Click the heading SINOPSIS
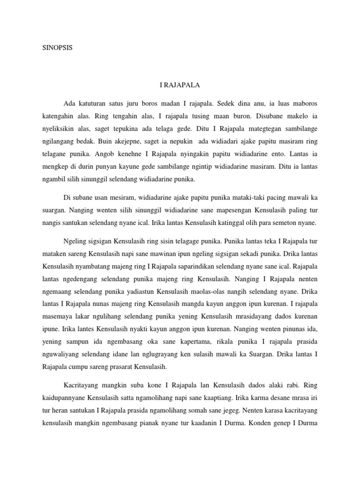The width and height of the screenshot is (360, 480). tap(58, 47)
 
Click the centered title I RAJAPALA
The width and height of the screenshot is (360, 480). tap(180, 85)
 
